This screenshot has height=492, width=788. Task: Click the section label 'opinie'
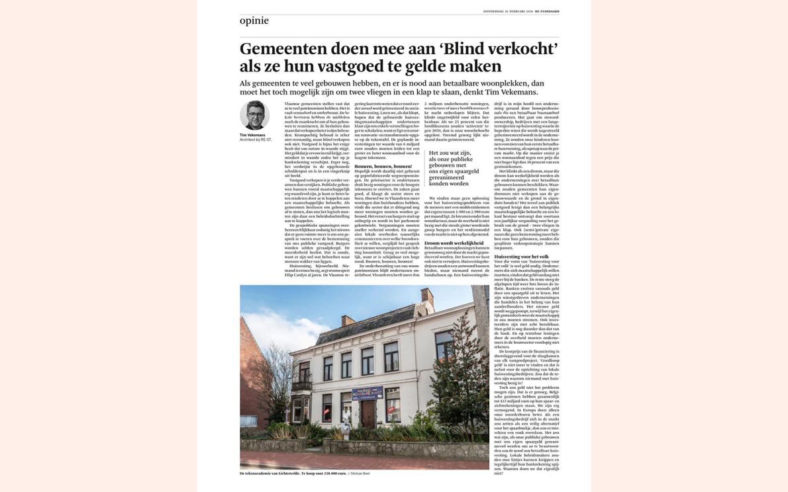[x=254, y=20]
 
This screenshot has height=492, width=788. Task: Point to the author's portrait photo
[x=254, y=115]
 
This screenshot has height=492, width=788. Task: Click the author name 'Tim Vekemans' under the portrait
[x=252, y=135]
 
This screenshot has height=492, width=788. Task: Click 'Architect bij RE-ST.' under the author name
[x=256, y=140]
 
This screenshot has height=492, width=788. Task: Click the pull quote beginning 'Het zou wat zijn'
[x=453, y=168]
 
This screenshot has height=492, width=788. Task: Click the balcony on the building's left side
[x=302, y=384]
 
